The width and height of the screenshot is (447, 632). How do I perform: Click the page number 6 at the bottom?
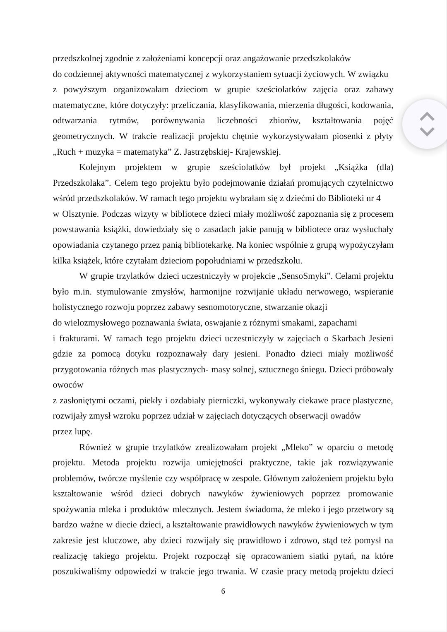pyautogui.click(x=223, y=591)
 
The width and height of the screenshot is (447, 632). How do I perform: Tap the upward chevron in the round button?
pyautogui.click(x=427, y=116)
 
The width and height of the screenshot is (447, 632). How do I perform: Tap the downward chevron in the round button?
pyautogui.click(x=427, y=132)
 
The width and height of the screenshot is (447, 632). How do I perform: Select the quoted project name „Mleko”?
pyautogui.click(x=296, y=447)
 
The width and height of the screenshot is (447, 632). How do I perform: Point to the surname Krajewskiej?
pyautogui.click(x=259, y=152)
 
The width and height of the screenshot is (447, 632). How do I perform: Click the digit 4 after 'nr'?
pyautogui.click(x=378, y=199)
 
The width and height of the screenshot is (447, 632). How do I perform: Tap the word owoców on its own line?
pyautogui.click(x=68, y=385)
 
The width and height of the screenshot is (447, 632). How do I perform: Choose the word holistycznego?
pyautogui.click(x=78, y=307)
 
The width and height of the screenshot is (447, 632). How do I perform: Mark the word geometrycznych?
pyautogui.click(x=83, y=136)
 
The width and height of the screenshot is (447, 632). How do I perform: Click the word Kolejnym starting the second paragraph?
pyautogui.click(x=96, y=168)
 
